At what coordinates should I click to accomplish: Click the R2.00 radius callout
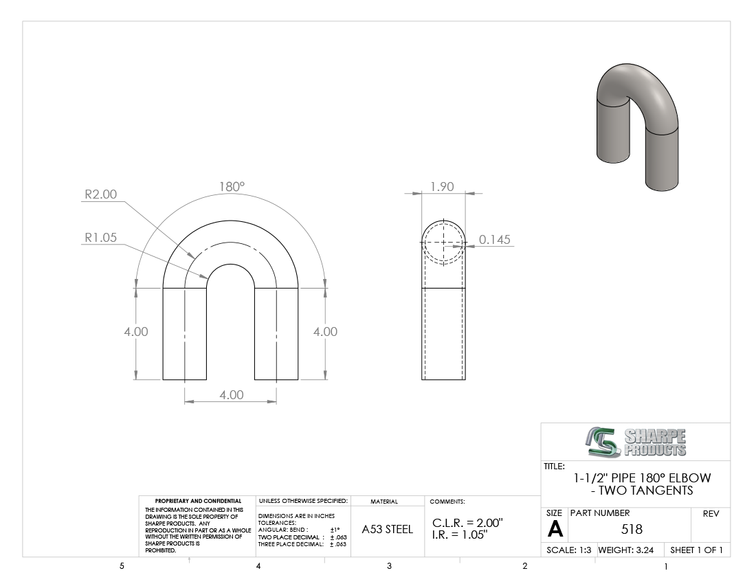[101, 194]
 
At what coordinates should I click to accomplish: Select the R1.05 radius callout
[101, 238]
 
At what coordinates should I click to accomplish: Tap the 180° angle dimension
[232, 186]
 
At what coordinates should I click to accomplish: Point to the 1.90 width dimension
[442, 186]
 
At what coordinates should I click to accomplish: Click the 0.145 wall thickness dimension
[495, 240]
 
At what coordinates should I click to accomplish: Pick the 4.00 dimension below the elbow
[232, 394]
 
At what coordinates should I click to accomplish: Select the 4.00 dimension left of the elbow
[136, 332]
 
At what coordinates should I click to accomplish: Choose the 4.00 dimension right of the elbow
[326, 332]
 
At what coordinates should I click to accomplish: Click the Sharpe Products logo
[636, 442]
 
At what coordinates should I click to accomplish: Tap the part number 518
[632, 530]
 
